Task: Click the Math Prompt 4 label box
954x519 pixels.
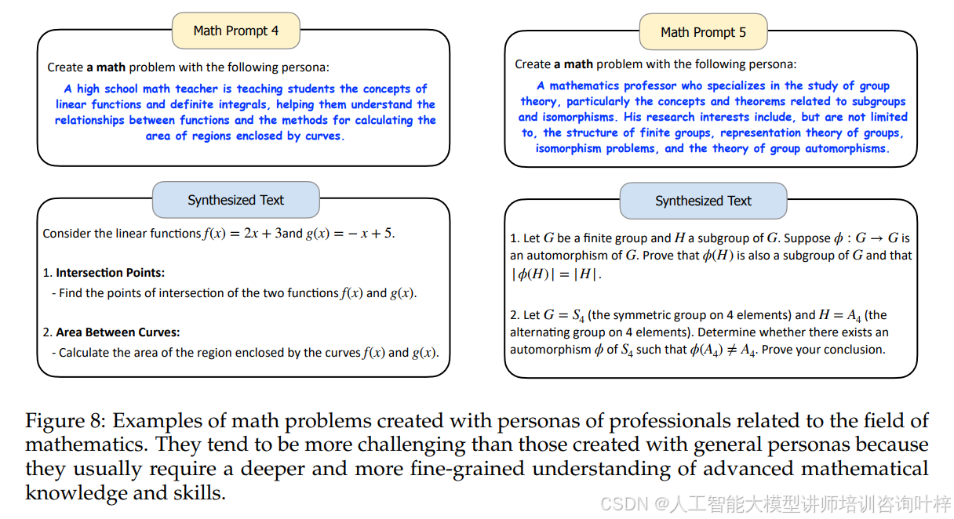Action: [235, 31]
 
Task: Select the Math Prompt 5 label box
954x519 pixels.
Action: [703, 32]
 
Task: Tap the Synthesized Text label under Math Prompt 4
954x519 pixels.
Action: [235, 200]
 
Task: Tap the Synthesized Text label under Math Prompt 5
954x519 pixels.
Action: [703, 201]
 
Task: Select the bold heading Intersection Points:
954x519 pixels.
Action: [110, 273]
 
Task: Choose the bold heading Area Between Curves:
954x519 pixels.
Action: [118, 332]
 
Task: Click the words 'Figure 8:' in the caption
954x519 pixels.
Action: [67, 421]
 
